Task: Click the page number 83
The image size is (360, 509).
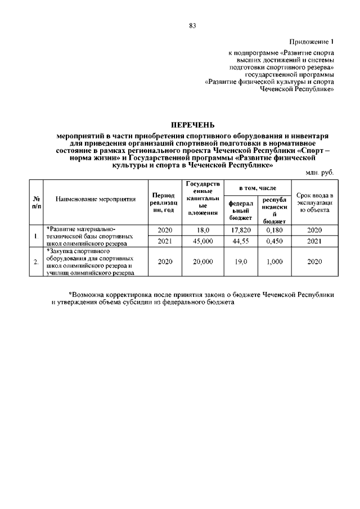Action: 192,25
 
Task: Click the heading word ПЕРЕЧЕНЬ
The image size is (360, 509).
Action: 192,125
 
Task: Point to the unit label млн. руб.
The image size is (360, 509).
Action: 321,173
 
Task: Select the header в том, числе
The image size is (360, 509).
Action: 257,187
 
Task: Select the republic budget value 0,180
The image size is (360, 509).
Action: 273,231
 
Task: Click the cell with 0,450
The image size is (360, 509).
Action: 273,241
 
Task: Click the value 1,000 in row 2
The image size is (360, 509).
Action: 273,262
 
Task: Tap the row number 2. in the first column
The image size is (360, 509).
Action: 36,262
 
